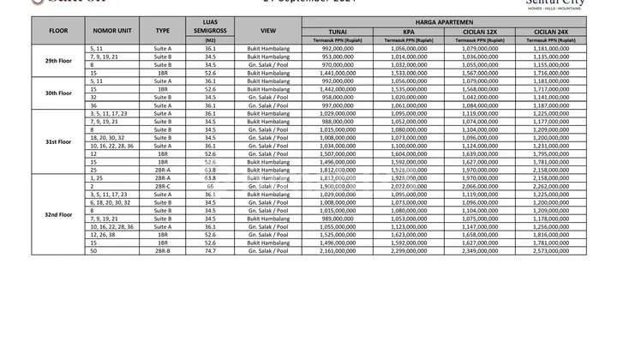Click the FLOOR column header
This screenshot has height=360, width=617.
click(x=58, y=30)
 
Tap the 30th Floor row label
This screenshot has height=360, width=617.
click(x=58, y=93)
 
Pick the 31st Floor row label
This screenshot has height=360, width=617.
click(x=58, y=141)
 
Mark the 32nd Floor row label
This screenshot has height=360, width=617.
click(x=58, y=214)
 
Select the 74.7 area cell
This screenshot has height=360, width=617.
click(x=211, y=251)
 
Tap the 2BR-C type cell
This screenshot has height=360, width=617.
click(x=163, y=186)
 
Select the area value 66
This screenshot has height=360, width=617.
click(x=211, y=186)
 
